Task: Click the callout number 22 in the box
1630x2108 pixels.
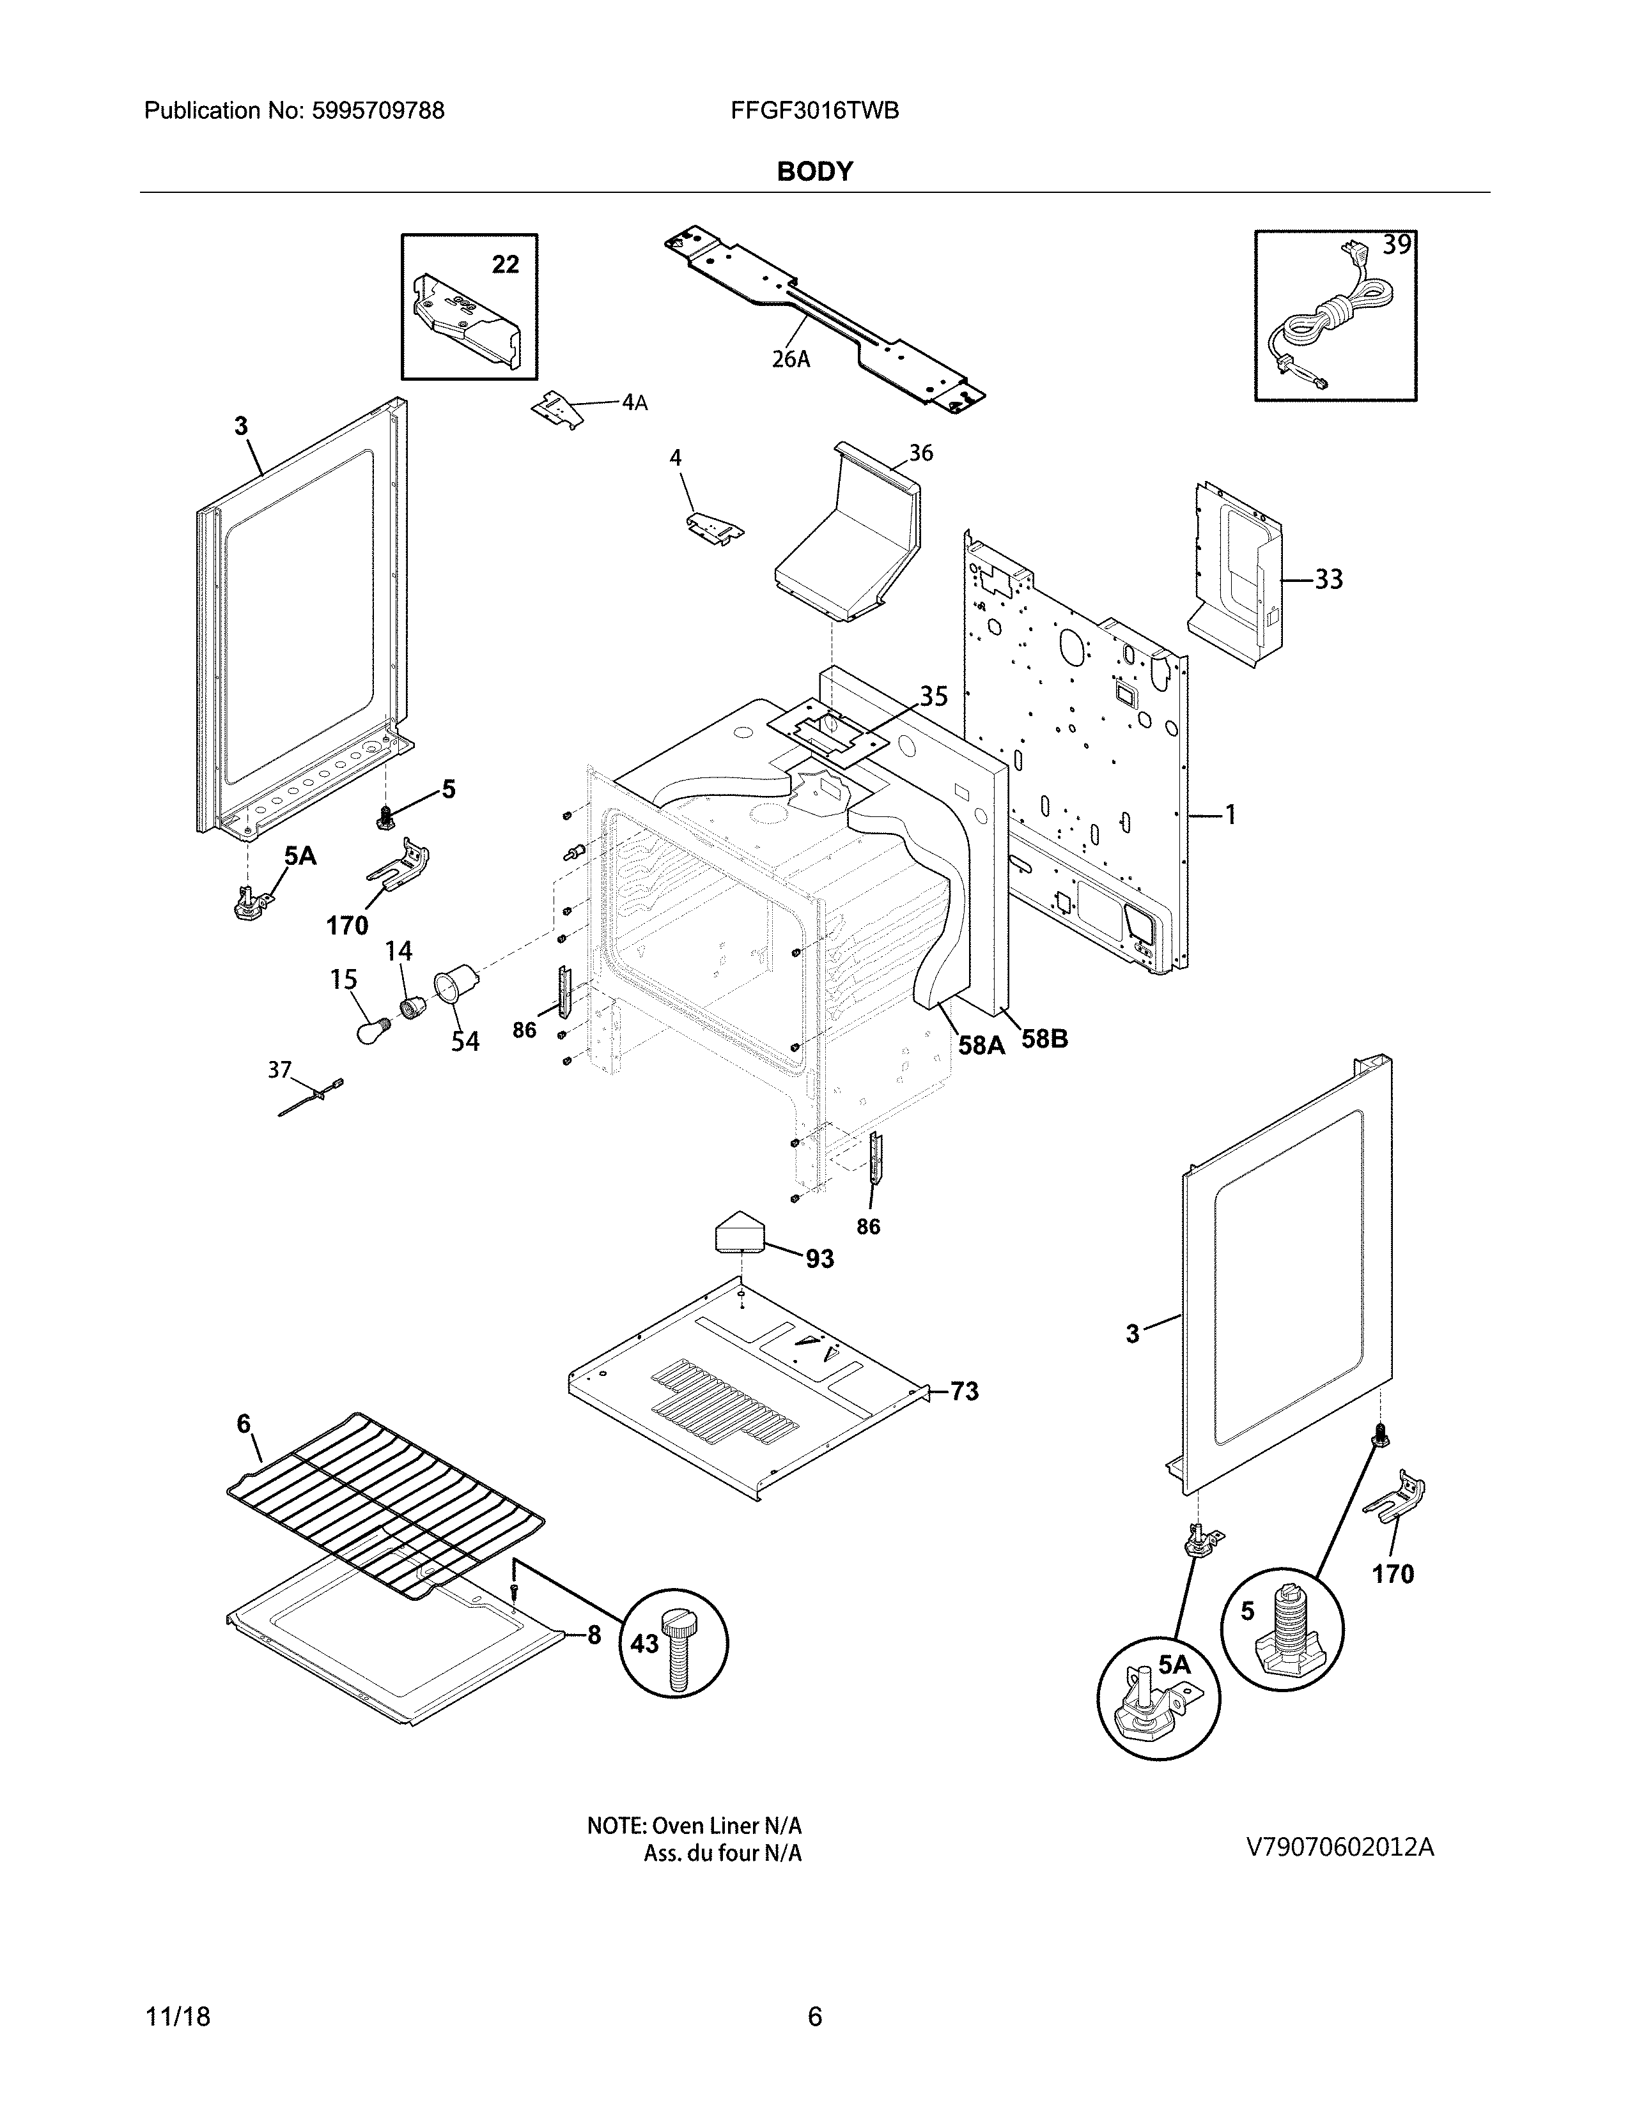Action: (x=505, y=264)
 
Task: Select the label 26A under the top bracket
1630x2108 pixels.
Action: (x=790, y=359)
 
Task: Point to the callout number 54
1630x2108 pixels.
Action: (x=465, y=1041)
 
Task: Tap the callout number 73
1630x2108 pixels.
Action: (x=964, y=1391)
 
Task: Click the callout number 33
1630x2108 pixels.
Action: (x=1329, y=579)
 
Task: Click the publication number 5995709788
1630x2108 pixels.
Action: (x=378, y=111)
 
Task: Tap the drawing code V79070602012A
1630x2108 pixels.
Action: (x=1340, y=1847)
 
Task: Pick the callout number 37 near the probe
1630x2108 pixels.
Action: (x=280, y=1069)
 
